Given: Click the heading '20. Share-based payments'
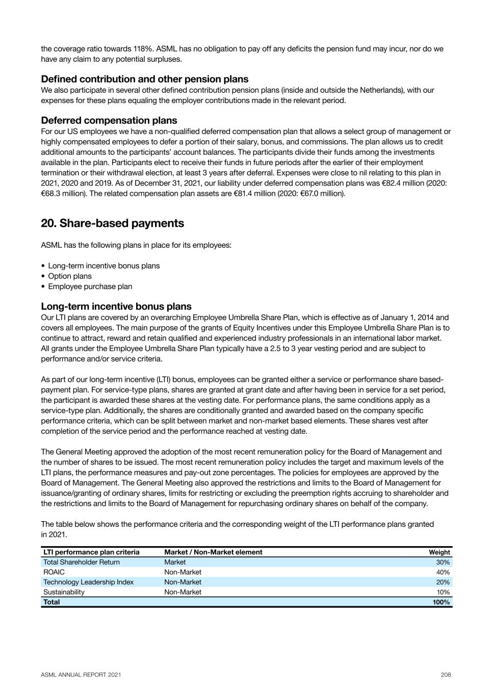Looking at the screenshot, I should tap(112, 223).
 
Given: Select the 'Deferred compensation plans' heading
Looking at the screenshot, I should tap(109, 120).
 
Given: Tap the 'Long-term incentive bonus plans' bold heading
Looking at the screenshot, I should tap(116, 306).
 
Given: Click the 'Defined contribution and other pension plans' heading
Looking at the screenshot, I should tap(144, 79).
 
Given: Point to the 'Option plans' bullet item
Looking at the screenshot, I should tap(70, 276).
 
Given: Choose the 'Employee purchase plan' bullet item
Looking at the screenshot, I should tap(90, 287).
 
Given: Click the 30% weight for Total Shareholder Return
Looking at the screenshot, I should tap(443, 562).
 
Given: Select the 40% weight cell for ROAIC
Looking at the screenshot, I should tap(443, 572).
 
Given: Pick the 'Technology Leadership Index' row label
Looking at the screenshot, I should tap(88, 582).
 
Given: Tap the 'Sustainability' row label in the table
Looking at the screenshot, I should tap(64, 592).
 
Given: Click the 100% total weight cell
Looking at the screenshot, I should tap(441, 602).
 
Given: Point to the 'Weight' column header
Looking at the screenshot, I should tap(439, 552).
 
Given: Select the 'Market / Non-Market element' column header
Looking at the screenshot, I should tap(213, 552).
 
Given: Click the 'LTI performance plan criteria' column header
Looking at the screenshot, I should tap(91, 552).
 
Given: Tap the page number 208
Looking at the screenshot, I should tap(446, 675).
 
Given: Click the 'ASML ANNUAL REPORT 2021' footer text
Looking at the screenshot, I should tap(81, 675).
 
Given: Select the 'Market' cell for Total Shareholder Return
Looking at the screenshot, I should tap(175, 562).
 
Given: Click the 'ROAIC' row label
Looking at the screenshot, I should tap(54, 572).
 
